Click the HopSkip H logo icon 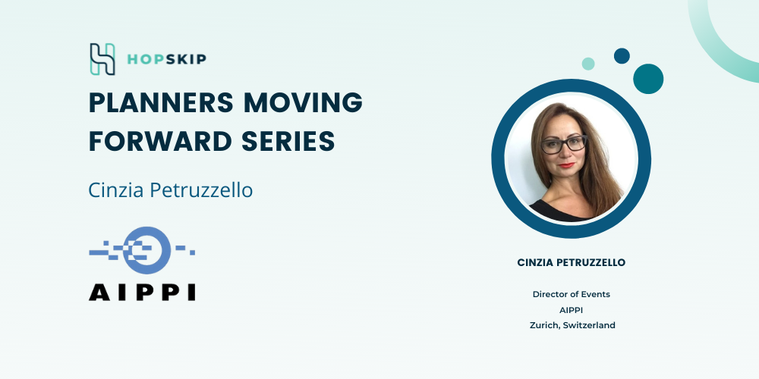coord(102,59)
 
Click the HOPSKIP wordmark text coord(166,59)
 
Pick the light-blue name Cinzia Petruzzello coord(170,190)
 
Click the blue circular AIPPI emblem coord(146,250)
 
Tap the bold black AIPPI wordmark coord(142,292)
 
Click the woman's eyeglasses coord(564,144)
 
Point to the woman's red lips coord(567,164)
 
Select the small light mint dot coord(588,64)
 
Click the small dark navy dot coord(622,55)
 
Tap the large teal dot coord(648,79)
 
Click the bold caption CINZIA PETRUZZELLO coord(572,262)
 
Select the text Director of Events coord(572,294)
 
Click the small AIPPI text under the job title coord(572,310)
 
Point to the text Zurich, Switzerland coord(572,325)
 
